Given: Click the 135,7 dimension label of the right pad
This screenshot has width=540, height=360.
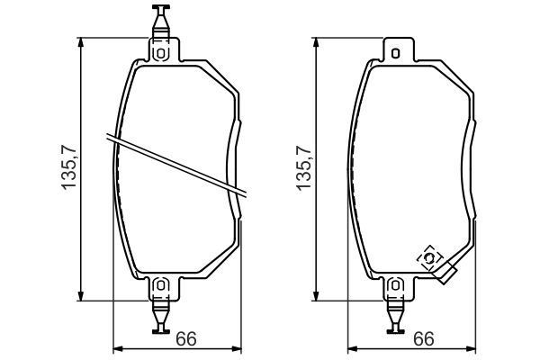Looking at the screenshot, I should tap(304, 168).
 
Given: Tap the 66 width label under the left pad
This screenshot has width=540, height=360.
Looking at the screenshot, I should tap(185, 339).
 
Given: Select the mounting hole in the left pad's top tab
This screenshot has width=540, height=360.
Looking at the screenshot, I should tap(161, 52).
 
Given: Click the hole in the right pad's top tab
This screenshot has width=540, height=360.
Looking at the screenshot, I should tap(395, 52).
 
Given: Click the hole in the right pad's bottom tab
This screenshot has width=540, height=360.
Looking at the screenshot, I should tap(395, 286).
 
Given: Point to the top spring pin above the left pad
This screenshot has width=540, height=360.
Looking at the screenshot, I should tap(161, 20).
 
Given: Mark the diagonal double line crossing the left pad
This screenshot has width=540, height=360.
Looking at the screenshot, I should tap(180, 164).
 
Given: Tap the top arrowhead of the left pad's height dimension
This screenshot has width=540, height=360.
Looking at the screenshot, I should tap(82, 41).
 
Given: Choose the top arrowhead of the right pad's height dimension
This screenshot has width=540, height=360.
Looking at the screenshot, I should tap(316, 41).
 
